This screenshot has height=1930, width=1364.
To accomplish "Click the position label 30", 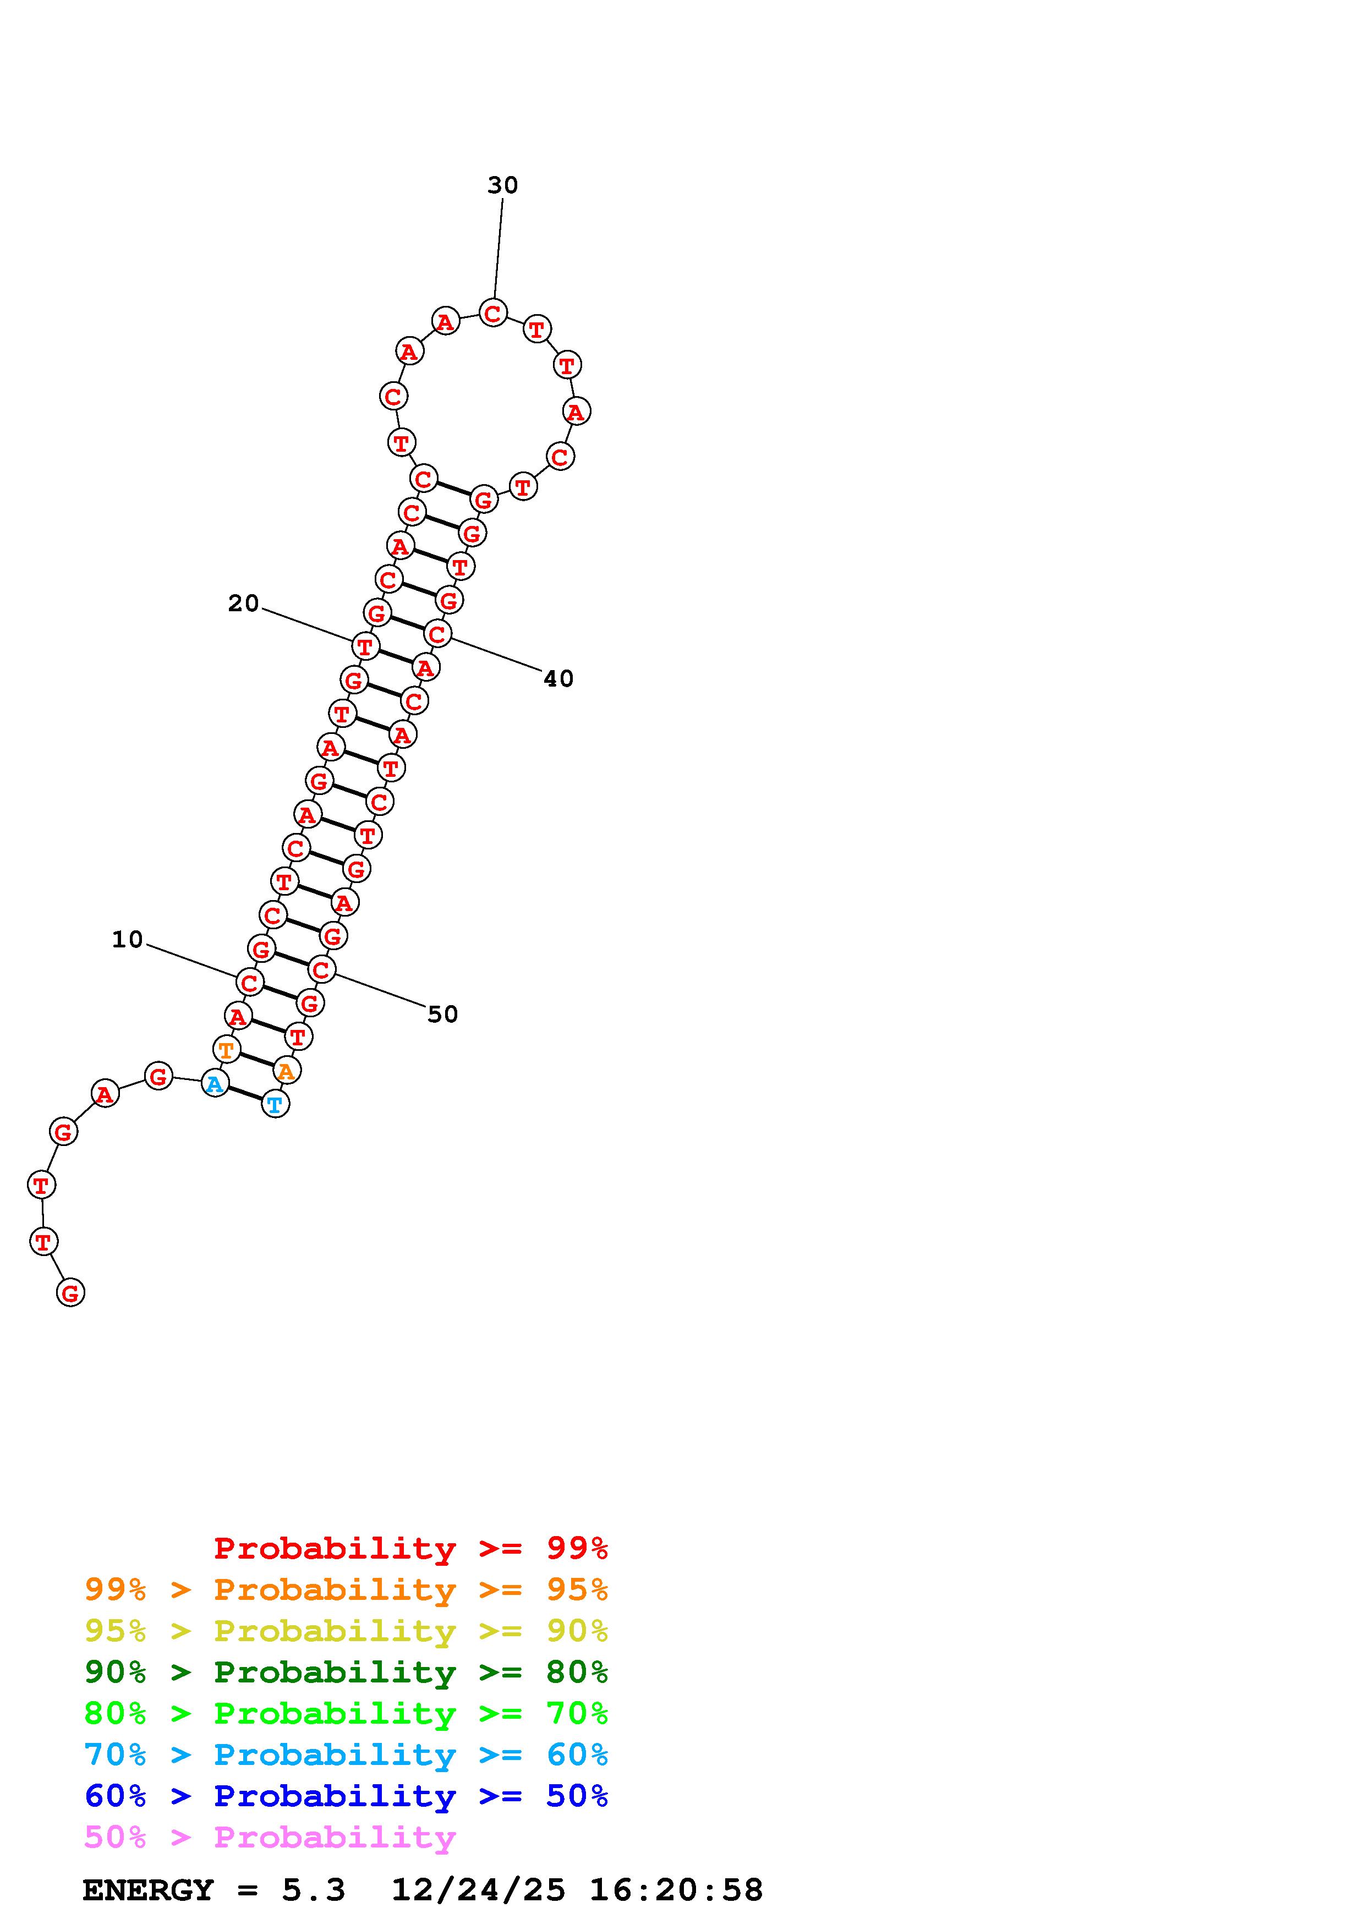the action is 502,185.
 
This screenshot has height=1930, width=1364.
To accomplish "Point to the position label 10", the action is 128,939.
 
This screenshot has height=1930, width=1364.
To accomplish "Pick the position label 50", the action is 443,1015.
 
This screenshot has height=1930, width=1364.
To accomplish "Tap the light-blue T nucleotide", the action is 275,1104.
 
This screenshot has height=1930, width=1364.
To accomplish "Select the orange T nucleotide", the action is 226,1049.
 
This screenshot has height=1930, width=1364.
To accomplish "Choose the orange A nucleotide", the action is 287,1071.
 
